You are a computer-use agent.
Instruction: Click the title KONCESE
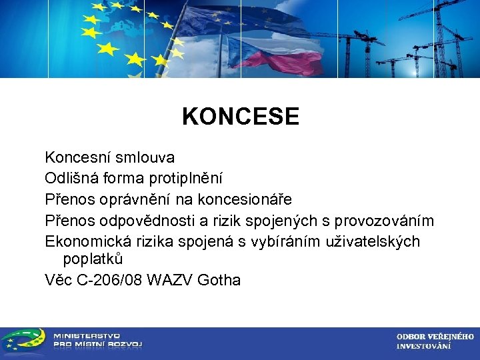[x=241, y=117]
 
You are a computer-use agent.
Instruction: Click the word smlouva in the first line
[x=145, y=158]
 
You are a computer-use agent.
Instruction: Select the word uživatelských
[x=373, y=241]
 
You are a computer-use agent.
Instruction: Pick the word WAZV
[x=175, y=280]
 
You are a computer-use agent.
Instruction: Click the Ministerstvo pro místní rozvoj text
[x=97, y=340]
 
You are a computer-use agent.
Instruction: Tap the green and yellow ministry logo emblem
[x=24, y=341]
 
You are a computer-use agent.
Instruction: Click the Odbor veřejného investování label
[x=435, y=341]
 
